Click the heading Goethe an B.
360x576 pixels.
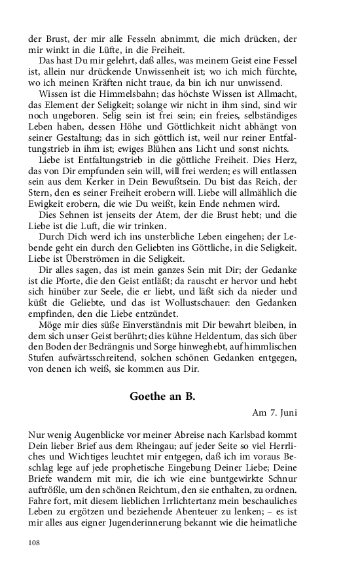(x=162, y=396)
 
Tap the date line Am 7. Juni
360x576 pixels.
(x=274, y=412)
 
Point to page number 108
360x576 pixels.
(x=35, y=543)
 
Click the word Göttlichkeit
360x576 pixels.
(x=207, y=128)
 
